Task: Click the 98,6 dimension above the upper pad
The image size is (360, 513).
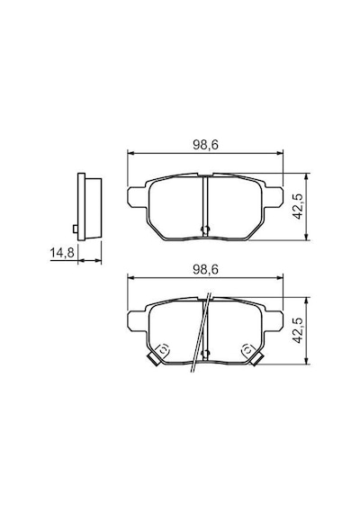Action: [x=205, y=145]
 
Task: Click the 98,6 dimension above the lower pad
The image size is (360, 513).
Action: [x=205, y=269]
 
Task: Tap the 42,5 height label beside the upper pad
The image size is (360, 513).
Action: [x=298, y=206]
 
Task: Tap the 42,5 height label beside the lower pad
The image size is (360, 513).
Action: [x=298, y=330]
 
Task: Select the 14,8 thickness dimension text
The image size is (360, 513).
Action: [x=62, y=253]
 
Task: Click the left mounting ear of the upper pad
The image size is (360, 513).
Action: [x=138, y=197]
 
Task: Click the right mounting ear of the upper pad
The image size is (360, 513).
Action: [x=273, y=197]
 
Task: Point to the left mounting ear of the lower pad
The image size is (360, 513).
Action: [x=138, y=321]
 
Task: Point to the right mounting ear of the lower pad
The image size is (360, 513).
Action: [x=273, y=321]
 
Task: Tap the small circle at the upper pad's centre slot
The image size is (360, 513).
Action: [x=205, y=229]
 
